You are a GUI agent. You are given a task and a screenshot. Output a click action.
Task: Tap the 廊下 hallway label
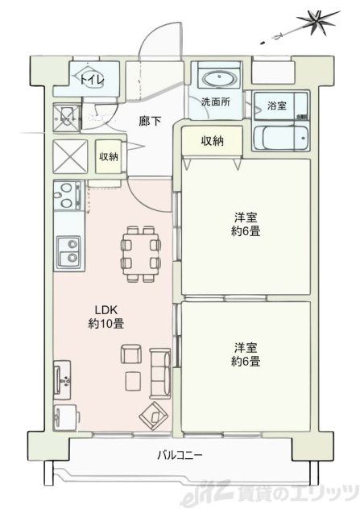(x=149, y=122)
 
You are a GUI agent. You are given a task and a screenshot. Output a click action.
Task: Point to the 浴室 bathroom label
(x=276, y=106)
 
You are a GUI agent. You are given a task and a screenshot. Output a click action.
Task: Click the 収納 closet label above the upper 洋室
(x=212, y=141)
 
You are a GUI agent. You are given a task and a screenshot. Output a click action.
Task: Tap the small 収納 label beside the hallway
(x=108, y=156)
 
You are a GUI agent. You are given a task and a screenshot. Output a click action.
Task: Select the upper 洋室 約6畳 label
(x=246, y=223)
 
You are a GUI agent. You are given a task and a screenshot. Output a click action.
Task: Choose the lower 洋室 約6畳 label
(x=246, y=355)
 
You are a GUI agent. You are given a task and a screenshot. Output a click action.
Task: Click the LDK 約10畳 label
(x=106, y=317)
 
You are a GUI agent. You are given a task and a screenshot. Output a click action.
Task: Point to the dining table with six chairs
(x=138, y=252)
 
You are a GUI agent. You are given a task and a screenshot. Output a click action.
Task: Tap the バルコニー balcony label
(x=180, y=456)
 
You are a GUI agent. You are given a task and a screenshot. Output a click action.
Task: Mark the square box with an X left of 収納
(x=68, y=156)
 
